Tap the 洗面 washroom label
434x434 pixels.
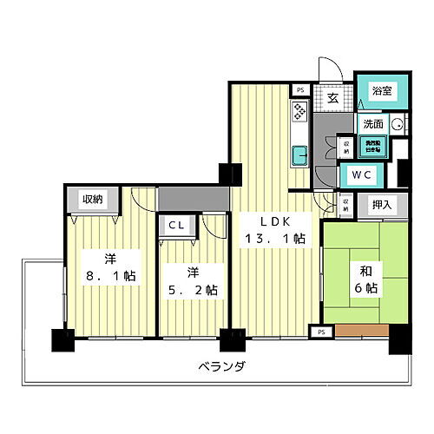point(373,125)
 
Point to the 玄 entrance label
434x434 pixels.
point(332,98)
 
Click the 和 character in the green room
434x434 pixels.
point(358,269)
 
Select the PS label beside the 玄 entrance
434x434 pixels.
point(300,89)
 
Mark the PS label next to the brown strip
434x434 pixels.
point(320,332)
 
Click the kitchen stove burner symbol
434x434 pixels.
point(299,111)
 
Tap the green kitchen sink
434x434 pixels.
point(300,156)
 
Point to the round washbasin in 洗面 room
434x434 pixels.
point(397,125)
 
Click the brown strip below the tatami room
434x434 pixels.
point(358,331)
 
